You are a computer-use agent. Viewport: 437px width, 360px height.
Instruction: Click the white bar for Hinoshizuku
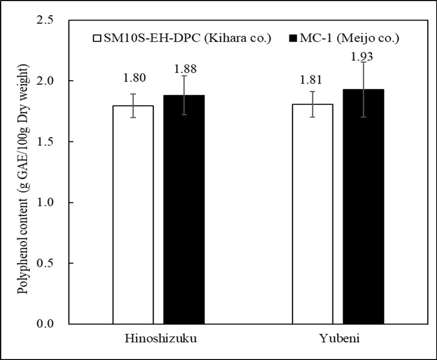pos(134,214)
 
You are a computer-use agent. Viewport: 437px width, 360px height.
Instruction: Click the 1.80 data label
pos(134,77)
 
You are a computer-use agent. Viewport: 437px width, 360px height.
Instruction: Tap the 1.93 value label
pos(363,57)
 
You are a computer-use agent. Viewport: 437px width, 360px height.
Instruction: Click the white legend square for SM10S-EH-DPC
pos(97,37)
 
